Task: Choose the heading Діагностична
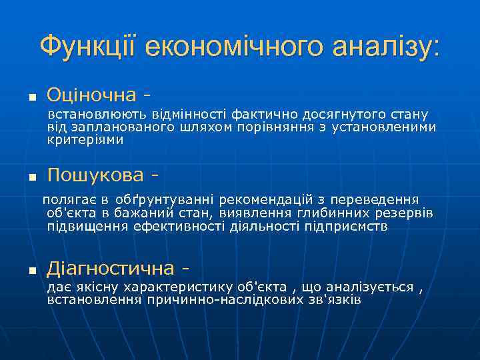point(111,269)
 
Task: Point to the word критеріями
point(85,140)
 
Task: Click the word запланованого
point(113,127)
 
